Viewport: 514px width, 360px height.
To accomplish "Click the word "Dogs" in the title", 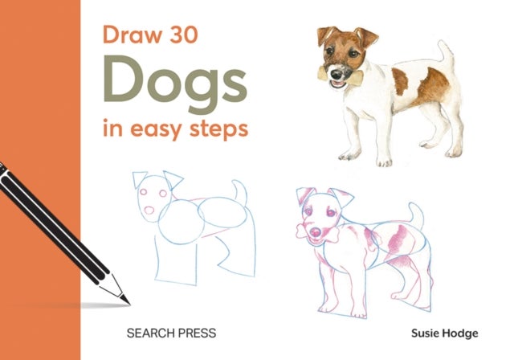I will (x=176, y=83).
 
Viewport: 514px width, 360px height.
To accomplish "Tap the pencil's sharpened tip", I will (x=124, y=301).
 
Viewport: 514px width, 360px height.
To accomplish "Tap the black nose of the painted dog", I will (x=349, y=65).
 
